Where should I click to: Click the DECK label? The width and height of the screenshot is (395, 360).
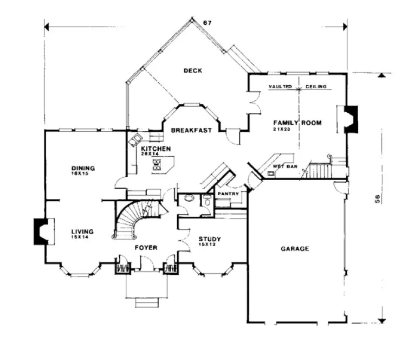point(192,70)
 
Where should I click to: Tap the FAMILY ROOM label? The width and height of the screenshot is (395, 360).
point(296,123)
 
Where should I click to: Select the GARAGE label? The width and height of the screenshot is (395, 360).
point(294,249)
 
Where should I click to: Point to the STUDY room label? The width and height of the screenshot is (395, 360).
point(208,239)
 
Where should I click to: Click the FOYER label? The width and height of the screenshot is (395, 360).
point(146,248)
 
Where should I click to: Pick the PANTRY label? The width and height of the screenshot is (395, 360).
point(228,194)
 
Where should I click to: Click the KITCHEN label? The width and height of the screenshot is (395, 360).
point(156,149)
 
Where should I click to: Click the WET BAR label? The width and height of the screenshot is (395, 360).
point(282,166)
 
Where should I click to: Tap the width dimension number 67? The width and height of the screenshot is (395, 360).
point(206,22)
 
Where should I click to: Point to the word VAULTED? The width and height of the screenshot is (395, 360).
point(280,87)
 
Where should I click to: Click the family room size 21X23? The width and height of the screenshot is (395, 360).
point(283,130)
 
